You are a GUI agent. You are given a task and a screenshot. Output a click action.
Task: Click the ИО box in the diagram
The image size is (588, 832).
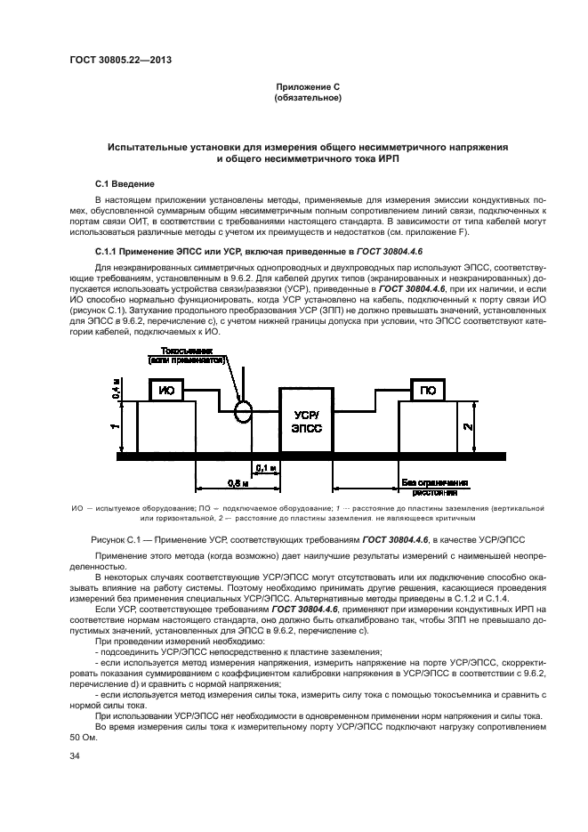click(166, 391)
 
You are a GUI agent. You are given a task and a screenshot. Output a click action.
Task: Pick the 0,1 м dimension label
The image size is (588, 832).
click(265, 465)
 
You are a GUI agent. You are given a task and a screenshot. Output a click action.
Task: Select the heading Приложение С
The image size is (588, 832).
click(308, 87)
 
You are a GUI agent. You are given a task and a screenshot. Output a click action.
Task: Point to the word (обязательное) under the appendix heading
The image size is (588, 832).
click(308, 98)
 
